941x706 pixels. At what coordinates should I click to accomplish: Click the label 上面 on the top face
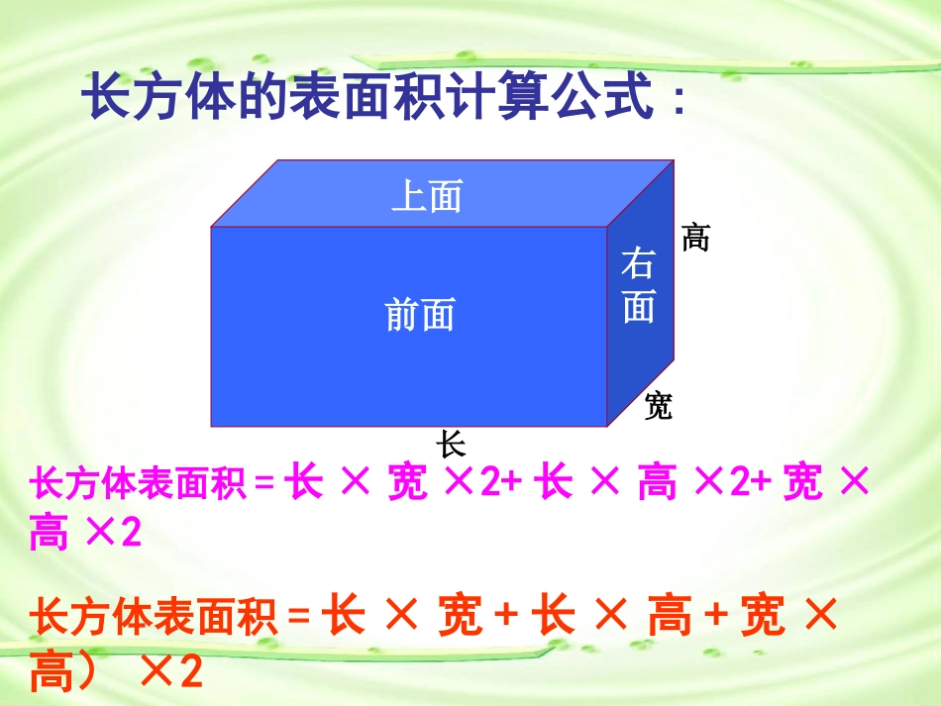pos(427,196)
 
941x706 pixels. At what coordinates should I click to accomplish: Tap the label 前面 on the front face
pos(420,315)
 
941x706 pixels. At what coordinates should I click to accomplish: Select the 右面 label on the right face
pos(639,287)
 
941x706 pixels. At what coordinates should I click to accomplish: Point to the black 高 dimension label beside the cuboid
pos(695,238)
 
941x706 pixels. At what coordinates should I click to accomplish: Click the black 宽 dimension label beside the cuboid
pos(658,405)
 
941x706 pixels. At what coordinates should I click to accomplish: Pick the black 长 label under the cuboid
pos(452,442)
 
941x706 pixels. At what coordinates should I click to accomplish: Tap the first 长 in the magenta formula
pos(303,484)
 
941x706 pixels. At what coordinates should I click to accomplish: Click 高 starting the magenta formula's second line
pos(49,534)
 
